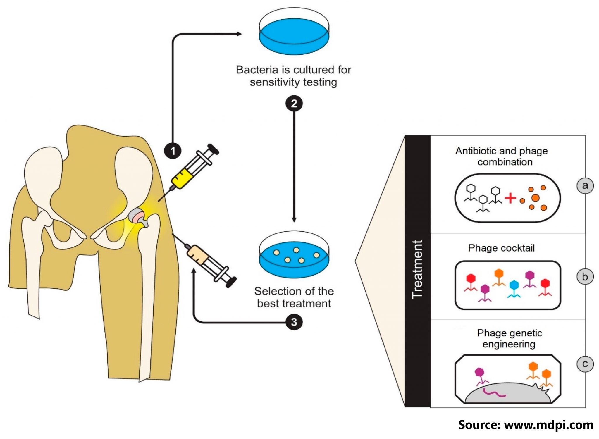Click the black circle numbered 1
(173, 151)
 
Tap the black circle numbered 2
(294, 104)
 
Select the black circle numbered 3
(294, 322)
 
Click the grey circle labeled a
(585, 185)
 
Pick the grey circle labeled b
(585, 276)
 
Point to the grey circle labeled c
(585, 364)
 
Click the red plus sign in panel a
(510, 198)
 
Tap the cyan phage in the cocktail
(514, 288)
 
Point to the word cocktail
(517, 248)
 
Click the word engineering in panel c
(509, 344)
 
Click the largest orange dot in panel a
(536, 198)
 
